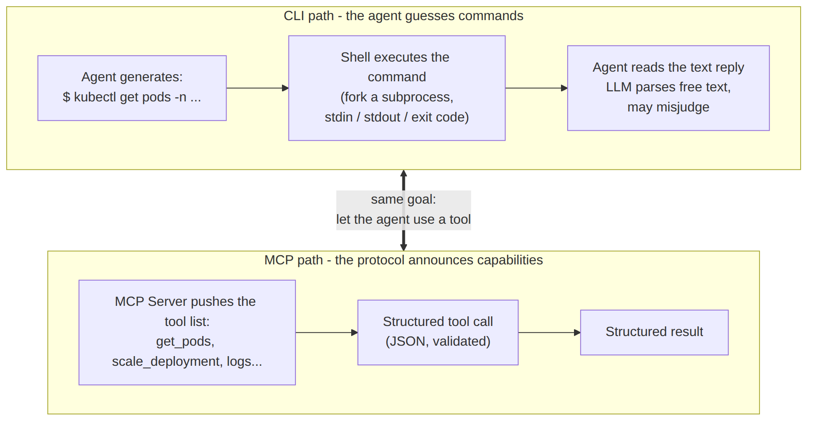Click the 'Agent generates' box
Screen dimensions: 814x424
coord(132,88)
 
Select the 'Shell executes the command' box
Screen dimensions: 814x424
coord(397,88)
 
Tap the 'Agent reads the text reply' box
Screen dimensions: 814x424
coord(668,88)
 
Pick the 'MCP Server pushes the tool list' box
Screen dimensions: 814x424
coord(187,332)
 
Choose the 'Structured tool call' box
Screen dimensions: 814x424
coord(438,332)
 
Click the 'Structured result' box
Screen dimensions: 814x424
coord(655,332)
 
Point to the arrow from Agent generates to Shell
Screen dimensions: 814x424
coord(258,88)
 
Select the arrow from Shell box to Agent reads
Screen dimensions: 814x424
coord(536,88)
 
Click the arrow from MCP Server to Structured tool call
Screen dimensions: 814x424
coord(326,332)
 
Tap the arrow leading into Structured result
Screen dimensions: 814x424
coord(549,332)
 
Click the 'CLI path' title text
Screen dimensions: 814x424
coord(404,16)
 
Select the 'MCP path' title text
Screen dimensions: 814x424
coord(404,260)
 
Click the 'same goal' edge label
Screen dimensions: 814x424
coord(404,209)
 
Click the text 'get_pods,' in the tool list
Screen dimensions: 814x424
coord(185,342)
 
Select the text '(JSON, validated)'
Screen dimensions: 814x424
coord(438,341)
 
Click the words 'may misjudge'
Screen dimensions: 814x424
coord(668,107)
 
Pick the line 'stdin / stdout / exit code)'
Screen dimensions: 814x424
coord(397,117)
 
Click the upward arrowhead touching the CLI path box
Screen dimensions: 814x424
coord(404,173)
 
